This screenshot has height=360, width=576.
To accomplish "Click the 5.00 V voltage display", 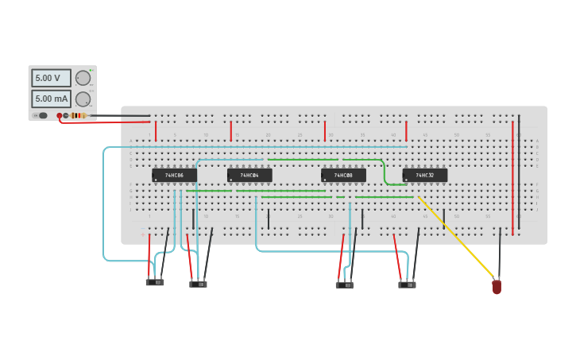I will coord(51,78).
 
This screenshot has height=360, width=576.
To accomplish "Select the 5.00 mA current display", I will coord(51,99).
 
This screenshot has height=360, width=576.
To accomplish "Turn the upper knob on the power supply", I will coord(83,78).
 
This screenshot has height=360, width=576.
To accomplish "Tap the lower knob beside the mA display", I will coord(83,99).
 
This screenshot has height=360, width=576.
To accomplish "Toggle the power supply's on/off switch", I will coord(41,115).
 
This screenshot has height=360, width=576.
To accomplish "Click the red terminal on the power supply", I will coord(59,115).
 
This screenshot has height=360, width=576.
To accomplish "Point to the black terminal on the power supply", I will coord(66,115).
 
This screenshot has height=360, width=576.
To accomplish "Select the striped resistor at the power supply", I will coord(78,115).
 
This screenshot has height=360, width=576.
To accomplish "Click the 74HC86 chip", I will coord(174,175).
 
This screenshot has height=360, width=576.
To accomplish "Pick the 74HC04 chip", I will coord(249,175).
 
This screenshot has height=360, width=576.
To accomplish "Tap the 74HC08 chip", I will coord(343,175).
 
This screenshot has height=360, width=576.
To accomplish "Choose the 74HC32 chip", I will coord(425,175).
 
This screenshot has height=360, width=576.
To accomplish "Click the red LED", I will coord(497,286).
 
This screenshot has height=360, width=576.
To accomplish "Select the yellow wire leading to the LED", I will coord(457,238).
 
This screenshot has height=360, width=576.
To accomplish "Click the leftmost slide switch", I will coord(155,282).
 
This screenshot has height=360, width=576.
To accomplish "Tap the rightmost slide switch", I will coord(407,284).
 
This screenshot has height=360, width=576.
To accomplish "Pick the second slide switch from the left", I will coord(198,284).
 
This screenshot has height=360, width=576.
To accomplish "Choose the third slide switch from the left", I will coord(344,285).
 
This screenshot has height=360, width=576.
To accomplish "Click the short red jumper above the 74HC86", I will coord(156,131).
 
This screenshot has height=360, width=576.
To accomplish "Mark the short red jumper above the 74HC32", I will coord(406,131).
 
